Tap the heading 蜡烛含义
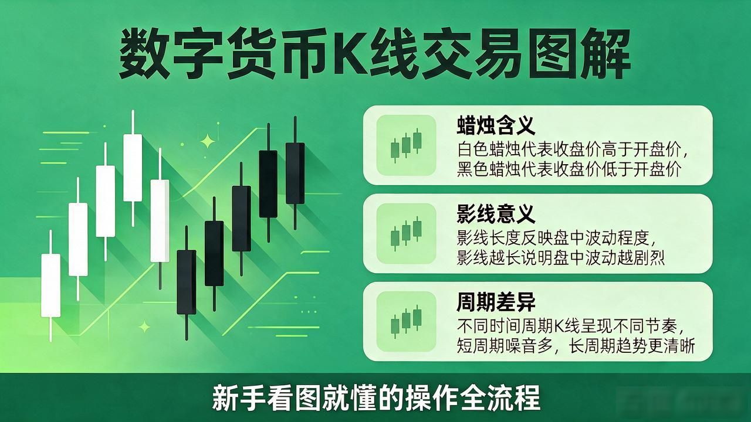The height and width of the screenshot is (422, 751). [496, 125]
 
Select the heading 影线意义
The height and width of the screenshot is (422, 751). [496, 214]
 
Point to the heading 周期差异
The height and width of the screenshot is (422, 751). [496, 302]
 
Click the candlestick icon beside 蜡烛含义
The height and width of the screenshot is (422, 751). [406, 145]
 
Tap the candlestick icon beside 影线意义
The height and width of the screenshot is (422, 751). [406, 233]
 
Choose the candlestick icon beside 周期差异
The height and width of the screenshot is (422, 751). [406, 322]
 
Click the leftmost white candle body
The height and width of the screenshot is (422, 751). [50, 285]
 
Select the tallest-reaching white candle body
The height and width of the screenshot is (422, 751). [133, 168]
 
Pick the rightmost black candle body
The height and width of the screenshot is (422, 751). [295, 173]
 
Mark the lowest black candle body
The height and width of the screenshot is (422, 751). [187, 282]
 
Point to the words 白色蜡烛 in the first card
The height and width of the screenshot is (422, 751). [489, 149]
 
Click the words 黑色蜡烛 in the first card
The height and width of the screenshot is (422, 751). [489, 169]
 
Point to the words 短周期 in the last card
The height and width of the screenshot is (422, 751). [481, 346]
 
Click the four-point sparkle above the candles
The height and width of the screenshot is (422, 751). [208, 141]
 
